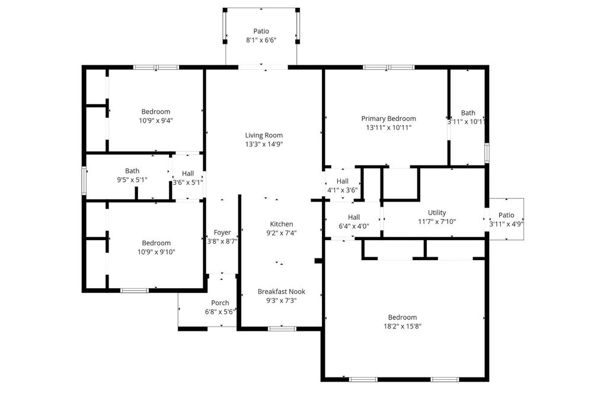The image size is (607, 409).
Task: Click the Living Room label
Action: pos(264,135)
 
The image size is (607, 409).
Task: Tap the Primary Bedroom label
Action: pos(389,119)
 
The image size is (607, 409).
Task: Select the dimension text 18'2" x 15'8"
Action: pos(402,326)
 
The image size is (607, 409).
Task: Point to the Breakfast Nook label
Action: pos(282,292)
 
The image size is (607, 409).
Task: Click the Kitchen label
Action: pos(282,224)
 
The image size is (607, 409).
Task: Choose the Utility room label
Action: pos(437,212)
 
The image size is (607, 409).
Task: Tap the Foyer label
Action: pos(222,232)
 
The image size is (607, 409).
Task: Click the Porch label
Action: pos(220,302)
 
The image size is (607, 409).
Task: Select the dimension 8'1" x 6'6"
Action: pos(261,40)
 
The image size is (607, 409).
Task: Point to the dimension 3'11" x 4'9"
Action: pos(506,223)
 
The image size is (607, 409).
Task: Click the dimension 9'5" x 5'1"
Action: pos(132,180)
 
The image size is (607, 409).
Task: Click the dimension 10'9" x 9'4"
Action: pos(156,120)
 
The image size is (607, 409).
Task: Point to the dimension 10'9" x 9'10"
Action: pos(156,252)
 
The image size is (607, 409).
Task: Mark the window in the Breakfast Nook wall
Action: pos(282,329)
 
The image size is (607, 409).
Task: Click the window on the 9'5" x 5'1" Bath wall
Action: pos(84,180)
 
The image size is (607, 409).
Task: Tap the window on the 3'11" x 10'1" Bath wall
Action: pos(487,153)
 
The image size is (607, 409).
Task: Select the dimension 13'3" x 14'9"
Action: pos(264,144)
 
